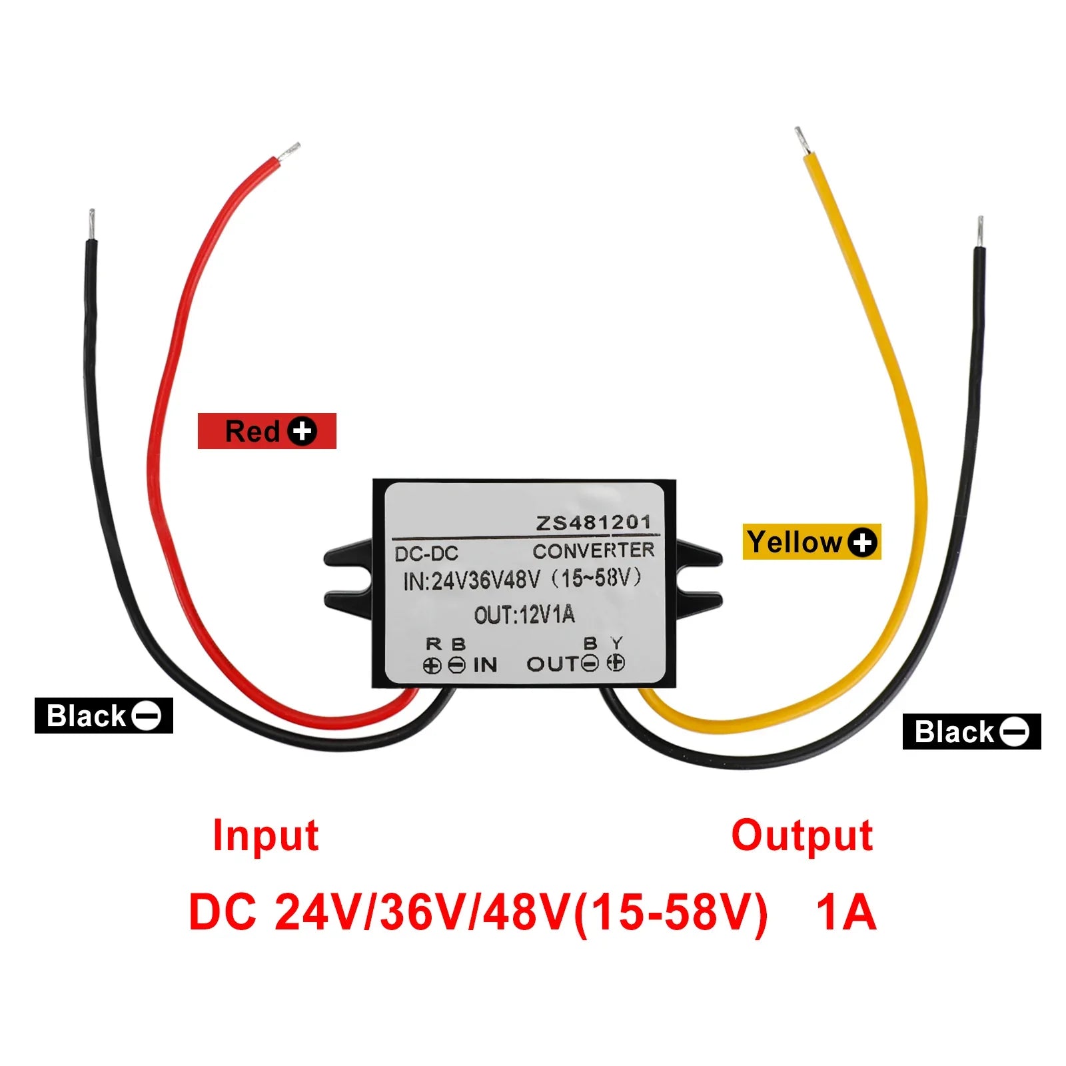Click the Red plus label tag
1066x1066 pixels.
266,431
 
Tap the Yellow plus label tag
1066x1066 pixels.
811,542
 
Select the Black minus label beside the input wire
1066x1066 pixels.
103,716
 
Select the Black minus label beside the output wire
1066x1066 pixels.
971,732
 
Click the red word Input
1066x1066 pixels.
265,835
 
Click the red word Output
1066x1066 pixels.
801,835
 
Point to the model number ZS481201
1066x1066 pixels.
593,523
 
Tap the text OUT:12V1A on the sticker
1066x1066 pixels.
524,614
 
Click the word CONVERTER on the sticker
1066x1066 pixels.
593,551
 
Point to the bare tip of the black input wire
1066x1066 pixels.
91,225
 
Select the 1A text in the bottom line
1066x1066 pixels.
845,912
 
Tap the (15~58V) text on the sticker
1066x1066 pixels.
596,578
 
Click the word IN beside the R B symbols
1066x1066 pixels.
485,664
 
